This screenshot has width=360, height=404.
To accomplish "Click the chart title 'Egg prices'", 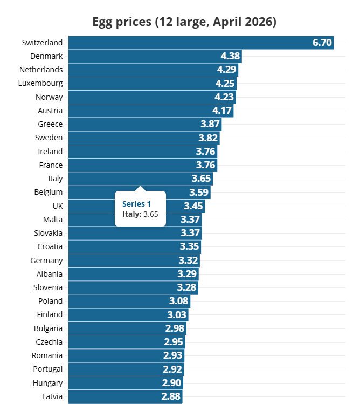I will [184, 22].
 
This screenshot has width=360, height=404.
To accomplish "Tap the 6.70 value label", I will [322, 43].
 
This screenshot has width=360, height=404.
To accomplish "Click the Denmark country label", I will [46, 56].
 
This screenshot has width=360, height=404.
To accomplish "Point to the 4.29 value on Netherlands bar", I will [226, 70].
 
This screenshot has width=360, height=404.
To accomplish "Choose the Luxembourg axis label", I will [40, 83].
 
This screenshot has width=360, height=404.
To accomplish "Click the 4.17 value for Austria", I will [222, 111].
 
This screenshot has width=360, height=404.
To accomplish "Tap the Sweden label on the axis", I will [49, 138].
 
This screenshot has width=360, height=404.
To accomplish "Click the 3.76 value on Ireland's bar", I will [205, 152].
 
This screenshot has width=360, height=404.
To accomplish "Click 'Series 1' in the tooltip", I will [136, 203].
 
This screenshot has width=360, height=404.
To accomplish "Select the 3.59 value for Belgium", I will [199, 192].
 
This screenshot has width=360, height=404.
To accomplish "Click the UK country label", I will [57, 206].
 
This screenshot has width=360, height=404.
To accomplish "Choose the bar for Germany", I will [124, 260].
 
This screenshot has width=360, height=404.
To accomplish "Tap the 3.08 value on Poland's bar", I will [178, 301].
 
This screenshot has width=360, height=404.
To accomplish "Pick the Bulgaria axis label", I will [48, 328].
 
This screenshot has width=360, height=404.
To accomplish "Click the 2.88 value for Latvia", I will [171, 396].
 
